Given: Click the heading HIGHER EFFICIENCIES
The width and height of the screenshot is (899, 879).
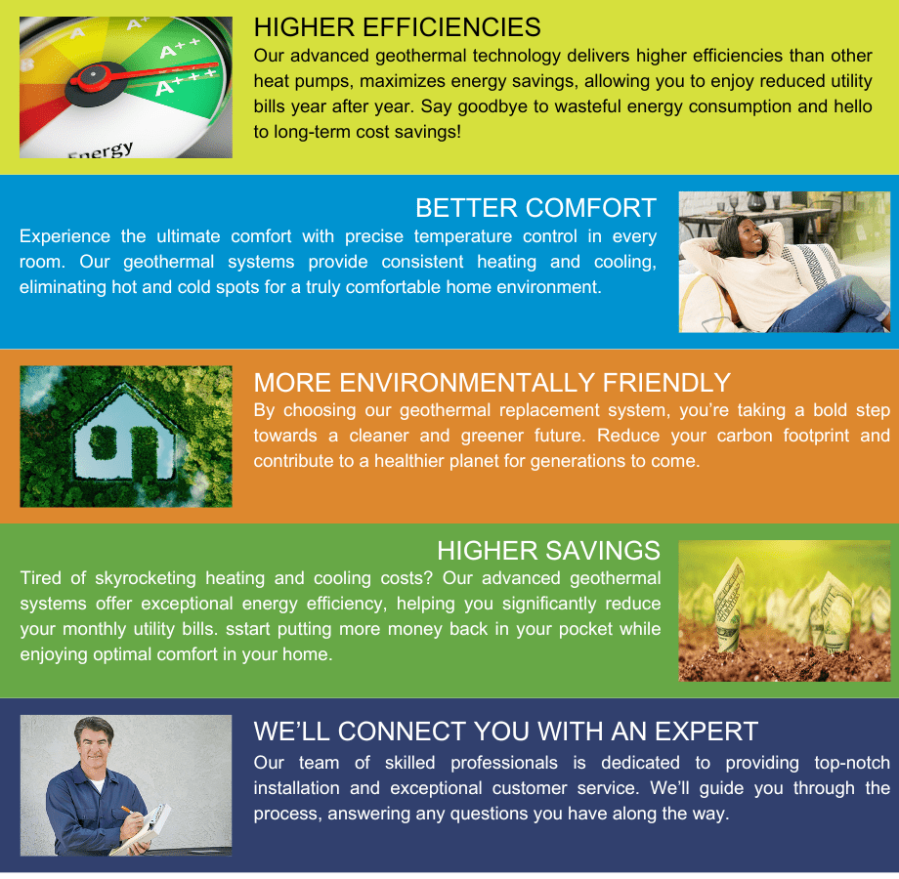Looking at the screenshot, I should (397, 26).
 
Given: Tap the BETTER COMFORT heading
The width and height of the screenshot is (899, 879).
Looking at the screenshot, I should (535, 207).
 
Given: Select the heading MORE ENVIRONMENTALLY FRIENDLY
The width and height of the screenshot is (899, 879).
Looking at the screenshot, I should (492, 382).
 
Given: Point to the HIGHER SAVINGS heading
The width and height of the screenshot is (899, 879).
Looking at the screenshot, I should (548, 551).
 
